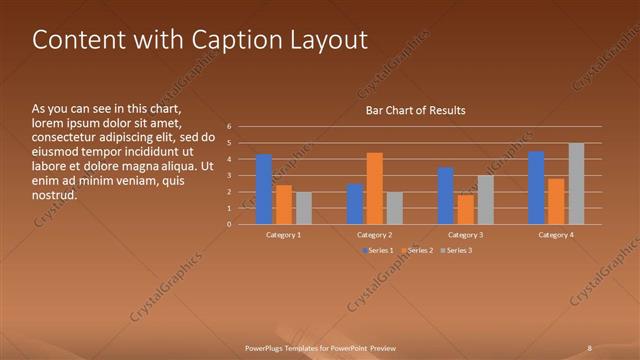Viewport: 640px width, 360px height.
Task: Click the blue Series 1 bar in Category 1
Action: [x=264, y=189]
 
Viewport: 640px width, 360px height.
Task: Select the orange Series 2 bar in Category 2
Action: [x=375, y=188]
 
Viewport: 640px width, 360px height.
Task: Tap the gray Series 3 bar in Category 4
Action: [x=576, y=183]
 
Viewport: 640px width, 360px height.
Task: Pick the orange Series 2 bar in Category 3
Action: [x=466, y=209]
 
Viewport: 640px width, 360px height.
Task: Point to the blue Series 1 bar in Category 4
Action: [x=536, y=187]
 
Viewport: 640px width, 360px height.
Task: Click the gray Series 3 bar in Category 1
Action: [x=304, y=208]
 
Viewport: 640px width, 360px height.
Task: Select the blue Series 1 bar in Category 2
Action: [x=355, y=204]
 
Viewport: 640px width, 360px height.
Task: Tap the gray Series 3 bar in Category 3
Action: [x=486, y=199]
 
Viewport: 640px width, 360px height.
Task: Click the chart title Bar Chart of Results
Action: [x=415, y=110]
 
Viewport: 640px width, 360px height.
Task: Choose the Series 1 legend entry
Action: [x=377, y=249]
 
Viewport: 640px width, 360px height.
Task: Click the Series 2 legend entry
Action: [x=416, y=249]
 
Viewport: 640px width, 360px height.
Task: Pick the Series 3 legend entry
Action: [x=456, y=249]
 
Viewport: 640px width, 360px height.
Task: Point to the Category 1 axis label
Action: [x=284, y=234]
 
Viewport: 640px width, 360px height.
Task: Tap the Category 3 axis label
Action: [x=466, y=234]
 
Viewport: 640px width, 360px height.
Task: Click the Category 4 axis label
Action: [x=557, y=234]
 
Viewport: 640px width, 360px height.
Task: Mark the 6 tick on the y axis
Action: [x=229, y=127]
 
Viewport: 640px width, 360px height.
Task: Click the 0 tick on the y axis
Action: [x=229, y=224]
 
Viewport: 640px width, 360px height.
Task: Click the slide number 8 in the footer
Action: [x=590, y=348]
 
